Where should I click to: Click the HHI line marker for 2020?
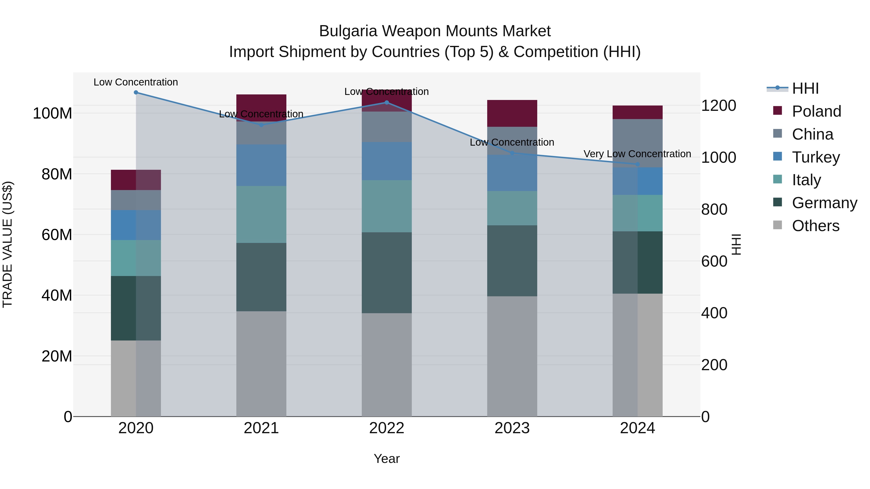click(136, 92)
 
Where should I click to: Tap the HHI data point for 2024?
click(637, 164)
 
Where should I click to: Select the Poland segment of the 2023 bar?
click(512, 113)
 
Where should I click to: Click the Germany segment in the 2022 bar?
click(387, 273)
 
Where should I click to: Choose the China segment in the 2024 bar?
click(637, 143)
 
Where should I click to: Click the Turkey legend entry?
click(816, 157)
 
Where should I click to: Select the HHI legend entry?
click(805, 88)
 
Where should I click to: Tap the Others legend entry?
click(815, 226)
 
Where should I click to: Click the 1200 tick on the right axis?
click(718, 106)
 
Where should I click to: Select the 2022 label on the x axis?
click(387, 428)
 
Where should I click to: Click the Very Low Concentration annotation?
click(637, 154)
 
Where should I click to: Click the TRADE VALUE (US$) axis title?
click(7, 244)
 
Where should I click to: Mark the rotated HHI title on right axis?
click(736, 244)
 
